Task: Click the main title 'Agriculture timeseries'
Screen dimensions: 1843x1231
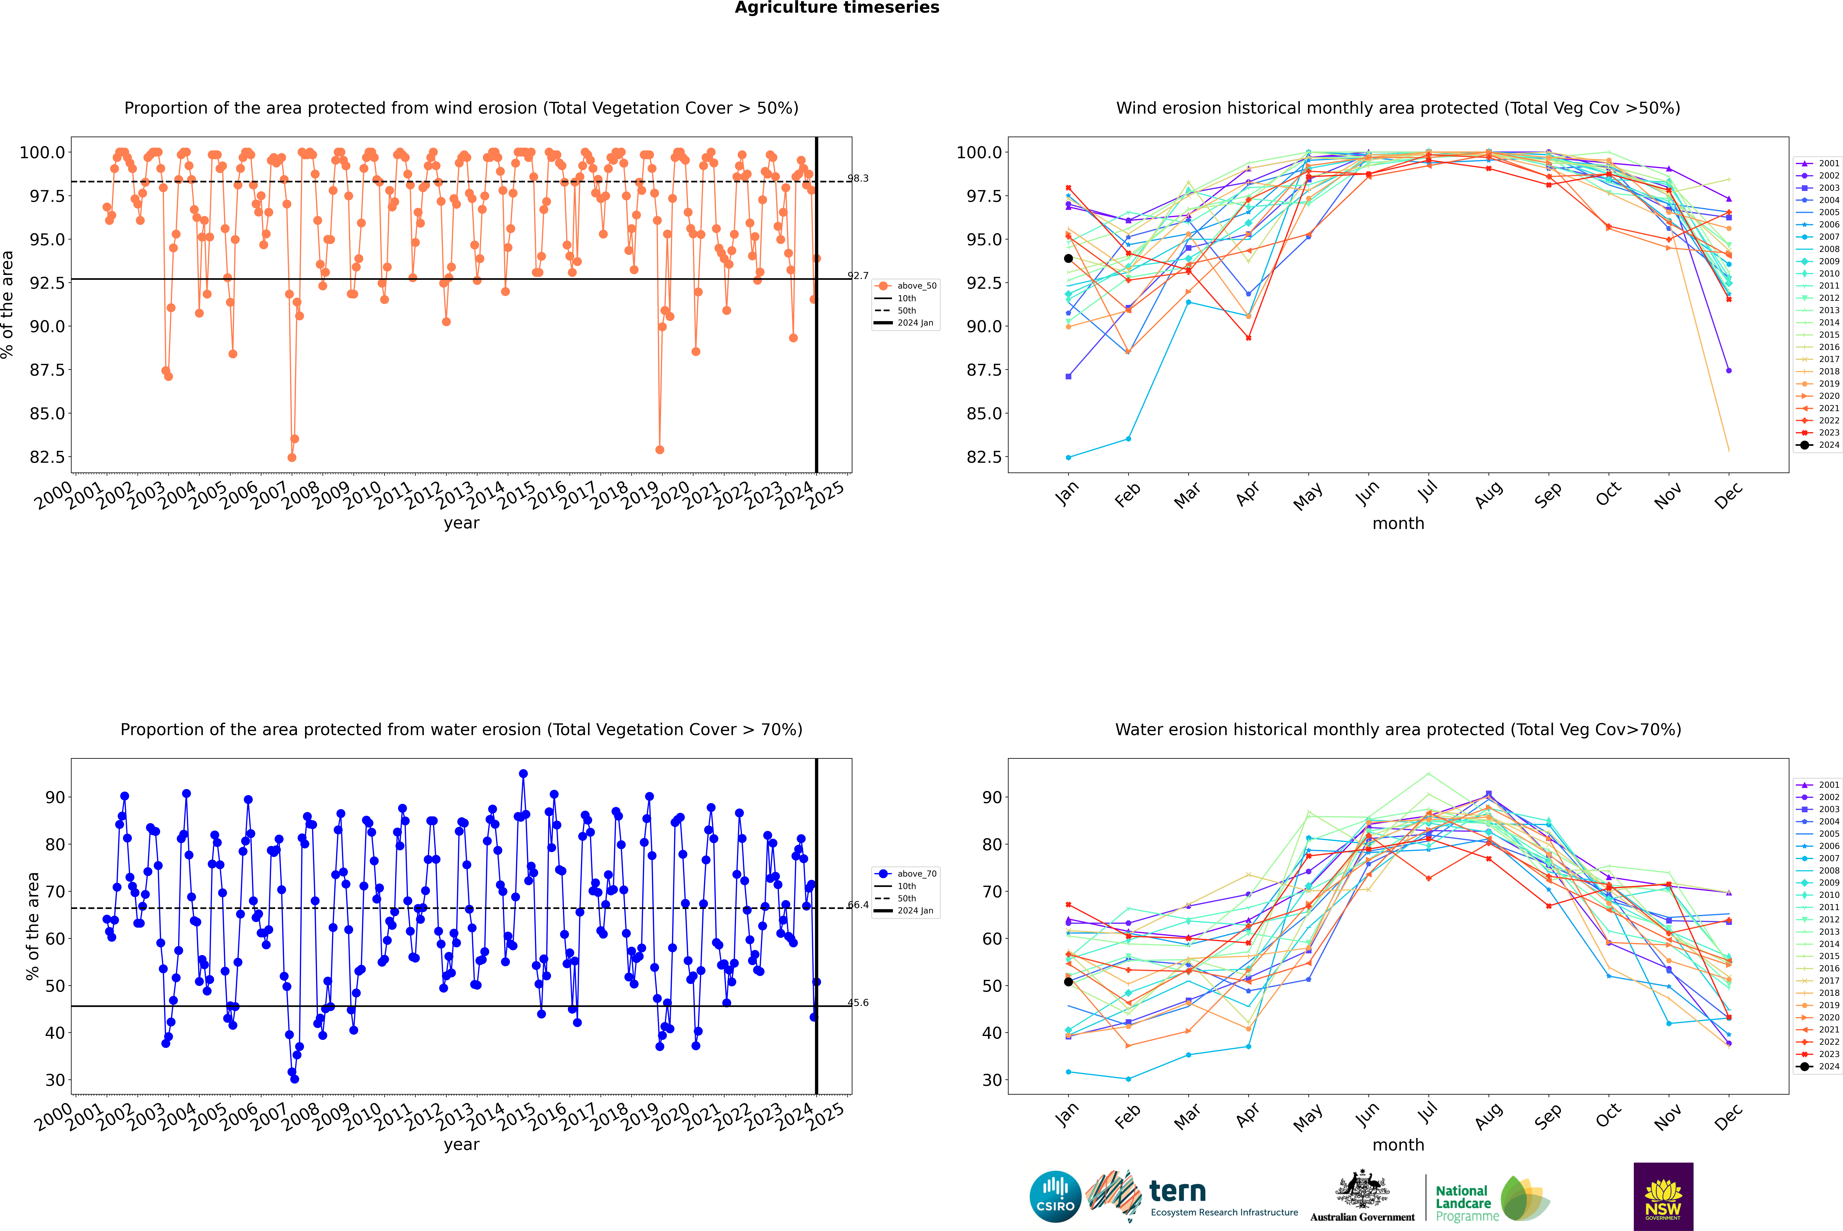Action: coord(837,8)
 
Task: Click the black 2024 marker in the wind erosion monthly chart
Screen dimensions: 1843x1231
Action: coord(1068,258)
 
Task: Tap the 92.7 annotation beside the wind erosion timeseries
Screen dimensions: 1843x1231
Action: coord(858,276)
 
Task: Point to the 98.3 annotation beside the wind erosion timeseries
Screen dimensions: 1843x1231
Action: coord(858,178)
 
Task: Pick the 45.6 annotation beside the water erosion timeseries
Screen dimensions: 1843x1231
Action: coord(858,1002)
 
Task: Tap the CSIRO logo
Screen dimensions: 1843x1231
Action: coord(1055,1197)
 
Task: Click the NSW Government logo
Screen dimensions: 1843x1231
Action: coord(1663,1197)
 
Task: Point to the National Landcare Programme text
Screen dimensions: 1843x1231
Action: coord(1467,1203)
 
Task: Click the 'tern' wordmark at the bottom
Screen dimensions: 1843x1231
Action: coord(1177,1191)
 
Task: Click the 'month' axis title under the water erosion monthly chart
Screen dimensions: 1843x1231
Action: coord(1398,1145)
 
